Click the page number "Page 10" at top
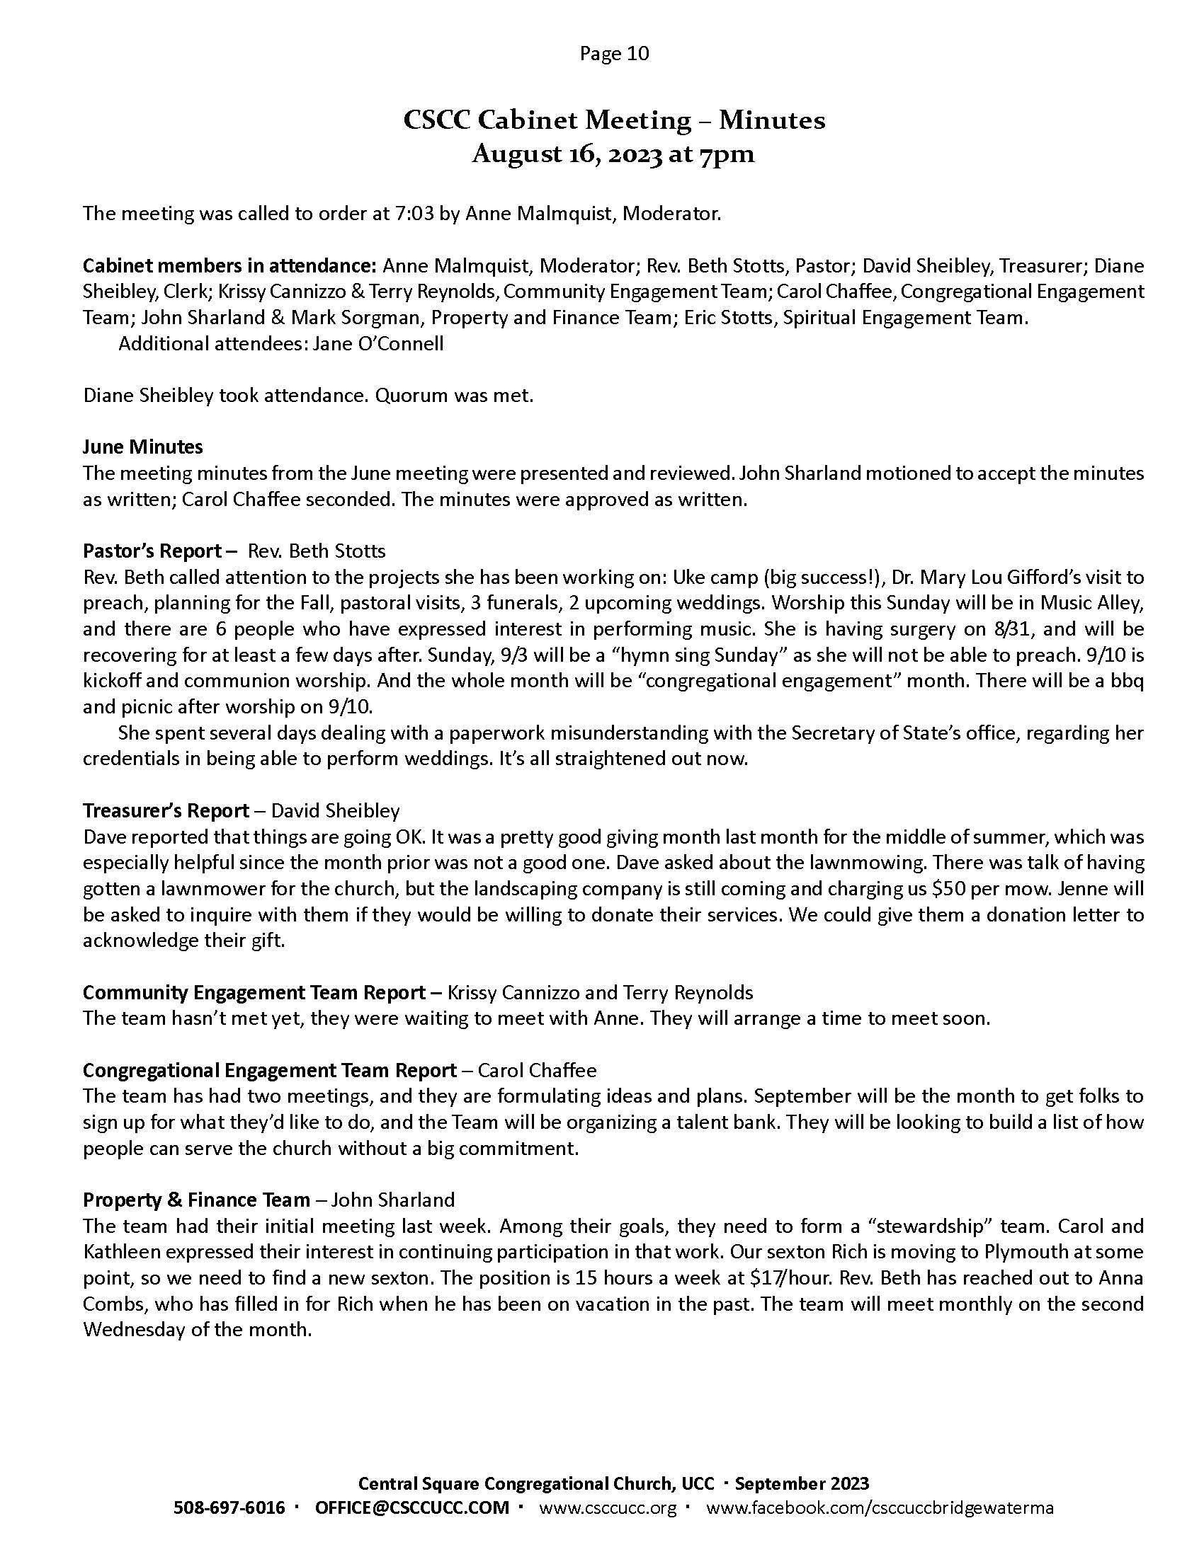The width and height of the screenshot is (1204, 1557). point(614,54)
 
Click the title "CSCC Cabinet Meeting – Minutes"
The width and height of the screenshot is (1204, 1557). point(614,120)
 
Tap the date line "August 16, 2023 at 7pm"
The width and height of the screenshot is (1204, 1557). point(613,155)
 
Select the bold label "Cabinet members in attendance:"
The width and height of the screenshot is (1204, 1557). point(229,266)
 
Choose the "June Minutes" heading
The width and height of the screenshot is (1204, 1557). point(142,447)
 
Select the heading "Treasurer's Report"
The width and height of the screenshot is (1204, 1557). point(166,810)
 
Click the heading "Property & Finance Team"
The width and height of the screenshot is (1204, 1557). point(196,1200)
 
